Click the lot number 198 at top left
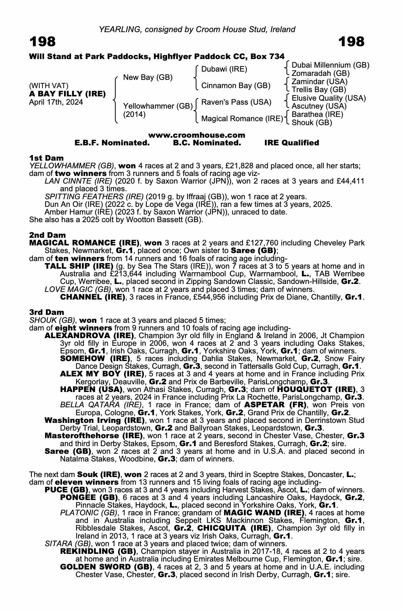pyautogui.click(x=43, y=42)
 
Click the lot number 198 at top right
pyautogui.click(x=351, y=42)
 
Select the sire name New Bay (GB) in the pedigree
pyautogui.click(x=148, y=77)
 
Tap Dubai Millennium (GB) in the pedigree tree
pyautogui.click(x=330, y=65)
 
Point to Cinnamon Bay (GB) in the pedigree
pyautogui.click(x=236, y=86)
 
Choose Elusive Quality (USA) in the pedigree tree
pyautogui.click(x=329, y=98)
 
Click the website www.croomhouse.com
pyautogui.click(x=197, y=135)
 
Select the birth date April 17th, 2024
pyautogui.click(x=56, y=102)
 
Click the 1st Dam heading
pyautogui.click(x=46, y=158)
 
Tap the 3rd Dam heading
pyautogui.click(x=47, y=312)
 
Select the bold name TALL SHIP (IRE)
pyautogui.click(x=79, y=266)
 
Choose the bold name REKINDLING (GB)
pyautogui.click(x=98, y=551)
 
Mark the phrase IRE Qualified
pyautogui.click(x=291, y=143)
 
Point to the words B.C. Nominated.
pyautogui.click(x=207, y=143)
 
